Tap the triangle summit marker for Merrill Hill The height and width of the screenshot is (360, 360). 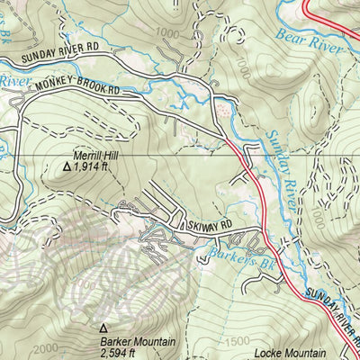66,166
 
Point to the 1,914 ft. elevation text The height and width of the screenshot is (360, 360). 96,166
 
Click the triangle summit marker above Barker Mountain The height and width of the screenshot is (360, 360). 103,329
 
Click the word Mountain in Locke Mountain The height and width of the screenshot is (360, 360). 301,353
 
